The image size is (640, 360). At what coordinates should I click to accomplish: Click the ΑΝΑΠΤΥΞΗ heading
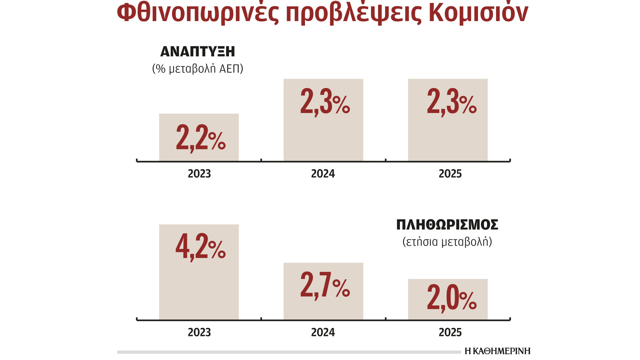coord(198,52)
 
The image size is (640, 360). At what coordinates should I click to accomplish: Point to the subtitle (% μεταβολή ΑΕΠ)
coord(198,69)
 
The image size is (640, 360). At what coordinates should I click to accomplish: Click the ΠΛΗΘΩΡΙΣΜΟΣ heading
coord(447,225)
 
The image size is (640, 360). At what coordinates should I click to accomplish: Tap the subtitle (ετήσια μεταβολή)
coord(447,242)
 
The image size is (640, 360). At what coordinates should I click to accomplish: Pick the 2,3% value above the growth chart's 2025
coord(452,102)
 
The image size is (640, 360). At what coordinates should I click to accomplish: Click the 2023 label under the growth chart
coord(199,174)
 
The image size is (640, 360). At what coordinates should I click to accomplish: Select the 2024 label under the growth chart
coord(323,174)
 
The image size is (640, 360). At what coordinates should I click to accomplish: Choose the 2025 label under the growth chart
coord(450,174)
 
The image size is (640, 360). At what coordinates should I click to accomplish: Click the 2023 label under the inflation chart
coord(199,332)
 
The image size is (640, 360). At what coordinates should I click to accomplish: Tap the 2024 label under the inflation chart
coord(323,332)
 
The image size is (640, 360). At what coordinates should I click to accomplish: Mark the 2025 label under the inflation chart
coord(450,332)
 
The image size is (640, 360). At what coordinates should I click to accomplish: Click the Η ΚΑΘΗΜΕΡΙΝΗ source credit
coord(497,351)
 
